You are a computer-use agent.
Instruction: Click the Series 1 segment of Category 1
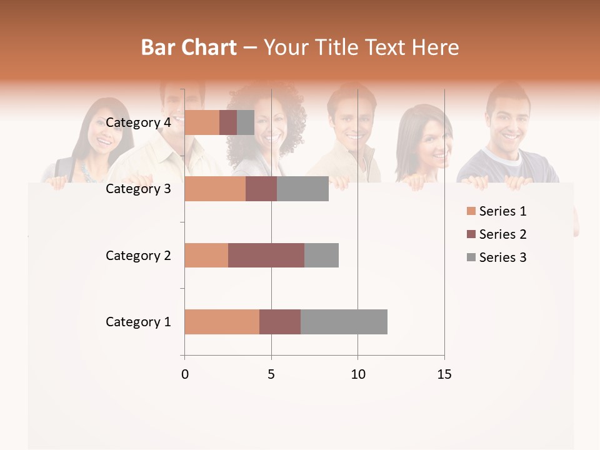click(222, 321)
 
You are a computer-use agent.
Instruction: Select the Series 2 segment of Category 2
click(266, 255)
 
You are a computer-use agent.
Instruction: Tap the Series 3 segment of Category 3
click(302, 189)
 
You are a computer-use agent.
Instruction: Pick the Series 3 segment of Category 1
click(344, 321)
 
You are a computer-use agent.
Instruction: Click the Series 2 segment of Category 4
click(228, 122)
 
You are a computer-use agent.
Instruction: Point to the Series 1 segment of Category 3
click(215, 189)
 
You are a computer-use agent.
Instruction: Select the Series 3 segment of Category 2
click(321, 255)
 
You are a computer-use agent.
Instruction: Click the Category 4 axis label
click(138, 122)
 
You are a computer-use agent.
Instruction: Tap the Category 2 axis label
click(138, 255)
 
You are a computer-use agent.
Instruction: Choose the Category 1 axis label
click(138, 322)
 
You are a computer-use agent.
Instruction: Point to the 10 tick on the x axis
click(357, 374)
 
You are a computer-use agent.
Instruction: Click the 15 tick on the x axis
click(444, 374)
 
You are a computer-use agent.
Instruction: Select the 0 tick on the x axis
click(184, 374)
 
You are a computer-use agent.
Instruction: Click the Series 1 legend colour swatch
click(471, 211)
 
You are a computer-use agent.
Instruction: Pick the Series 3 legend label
click(502, 257)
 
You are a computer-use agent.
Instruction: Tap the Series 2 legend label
click(502, 234)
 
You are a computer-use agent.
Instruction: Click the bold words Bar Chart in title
click(189, 47)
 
